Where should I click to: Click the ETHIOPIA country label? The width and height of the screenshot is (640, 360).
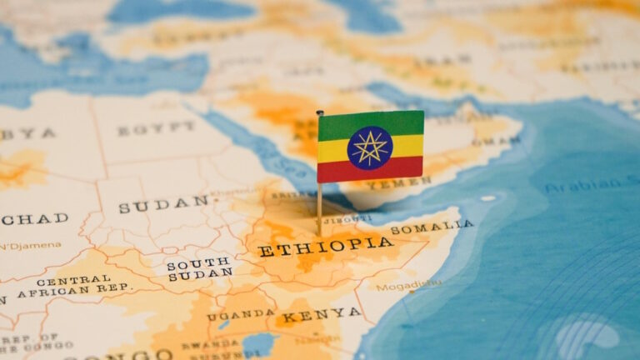pos(325,246)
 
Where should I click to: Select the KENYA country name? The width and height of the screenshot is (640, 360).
pos(322,315)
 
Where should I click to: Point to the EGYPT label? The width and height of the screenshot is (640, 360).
pos(156,129)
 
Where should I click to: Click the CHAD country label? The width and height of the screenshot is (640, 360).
pos(35,219)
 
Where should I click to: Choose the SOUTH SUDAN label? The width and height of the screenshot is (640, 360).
pos(199,268)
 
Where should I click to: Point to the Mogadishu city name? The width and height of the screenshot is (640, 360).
pos(408,286)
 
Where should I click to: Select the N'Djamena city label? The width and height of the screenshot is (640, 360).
pos(30,245)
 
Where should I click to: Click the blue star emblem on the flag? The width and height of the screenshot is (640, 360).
pos(370,147)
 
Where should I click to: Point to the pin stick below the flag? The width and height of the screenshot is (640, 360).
pos(319,208)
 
